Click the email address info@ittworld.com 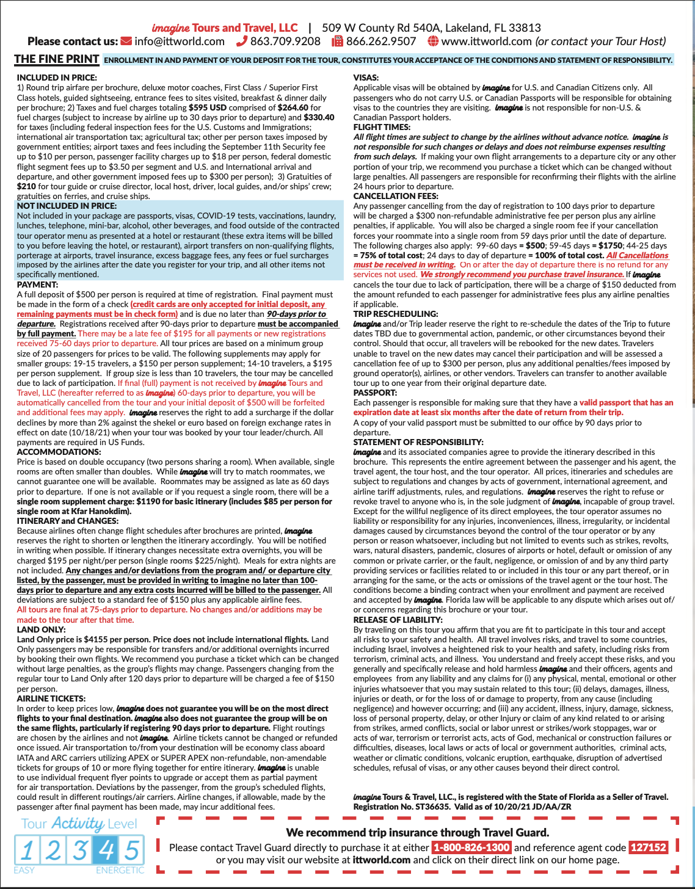180,42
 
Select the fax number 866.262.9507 381,42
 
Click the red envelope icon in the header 126,42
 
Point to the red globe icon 433,42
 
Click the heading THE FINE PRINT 57,59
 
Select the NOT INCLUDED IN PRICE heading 67,206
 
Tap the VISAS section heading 366,78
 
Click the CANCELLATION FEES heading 396,196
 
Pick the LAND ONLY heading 41,630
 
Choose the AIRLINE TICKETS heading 51,699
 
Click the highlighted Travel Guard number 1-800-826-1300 471,847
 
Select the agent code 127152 648,847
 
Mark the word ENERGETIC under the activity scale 120,870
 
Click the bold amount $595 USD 208,107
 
